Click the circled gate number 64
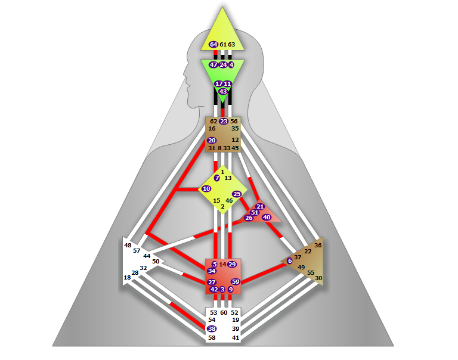coord(213,44)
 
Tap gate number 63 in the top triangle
coord(231,44)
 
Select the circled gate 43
coord(223,91)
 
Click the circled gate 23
coord(224,121)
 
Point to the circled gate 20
coord(212,140)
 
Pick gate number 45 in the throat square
coord(235,148)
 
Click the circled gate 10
coord(206,188)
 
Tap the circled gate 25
coord(237,194)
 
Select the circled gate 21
coord(260,206)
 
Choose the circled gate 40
coord(267,217)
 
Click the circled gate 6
coord(290,260)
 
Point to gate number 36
coord(318,245)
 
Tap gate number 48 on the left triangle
coord(128,245)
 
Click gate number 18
coord(127,277)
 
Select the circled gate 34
coord(212,271)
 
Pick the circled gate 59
coord(236,281)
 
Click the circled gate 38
coord(212,328)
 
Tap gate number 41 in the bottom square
coord(236,337)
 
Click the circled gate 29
coord(232,264)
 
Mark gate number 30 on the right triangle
coord(318,278)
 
